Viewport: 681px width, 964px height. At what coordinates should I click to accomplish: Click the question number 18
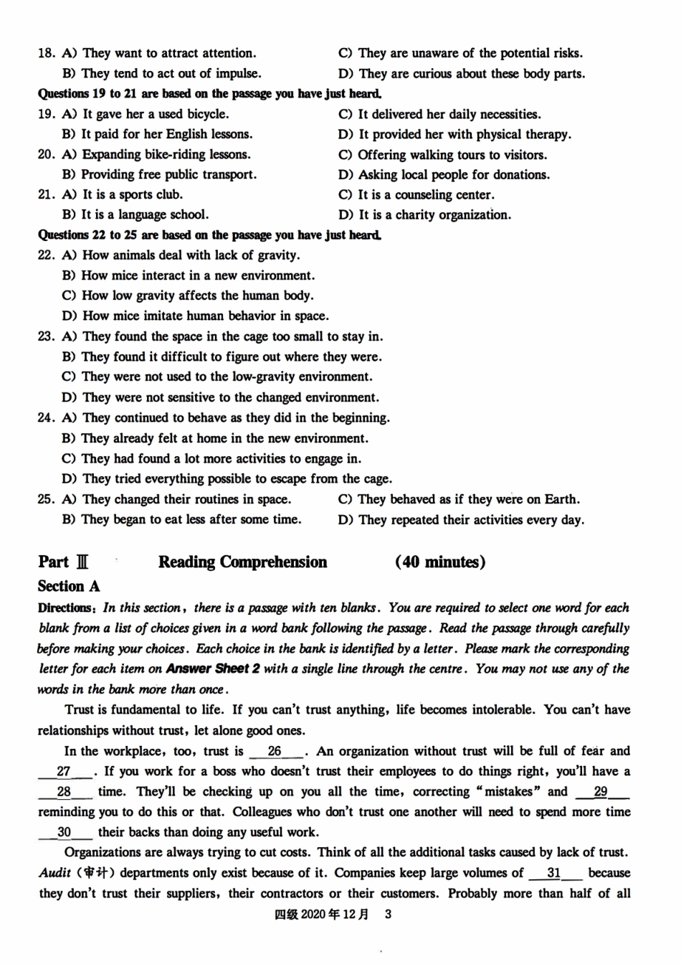[46, 53]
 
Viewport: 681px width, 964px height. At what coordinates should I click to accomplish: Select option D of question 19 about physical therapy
[454, 134]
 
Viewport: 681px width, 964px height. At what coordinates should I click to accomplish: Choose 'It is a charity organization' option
[425, 214]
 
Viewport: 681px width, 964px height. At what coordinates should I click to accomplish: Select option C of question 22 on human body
[188, 296]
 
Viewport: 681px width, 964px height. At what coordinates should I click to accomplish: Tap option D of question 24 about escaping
[227, 478]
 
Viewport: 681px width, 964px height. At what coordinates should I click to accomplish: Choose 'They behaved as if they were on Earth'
[459, 499]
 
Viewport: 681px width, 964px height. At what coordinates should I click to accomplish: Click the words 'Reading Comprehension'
[242, 562]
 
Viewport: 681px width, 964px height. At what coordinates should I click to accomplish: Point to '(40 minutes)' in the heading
[440, 562]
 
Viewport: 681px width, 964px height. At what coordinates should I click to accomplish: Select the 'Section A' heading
[69, 586]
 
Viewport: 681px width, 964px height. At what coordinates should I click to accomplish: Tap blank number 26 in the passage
[275, 751]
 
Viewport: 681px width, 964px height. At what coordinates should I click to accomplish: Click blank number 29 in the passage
[601, 791]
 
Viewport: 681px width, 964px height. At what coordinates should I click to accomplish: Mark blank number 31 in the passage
[554, 873]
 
